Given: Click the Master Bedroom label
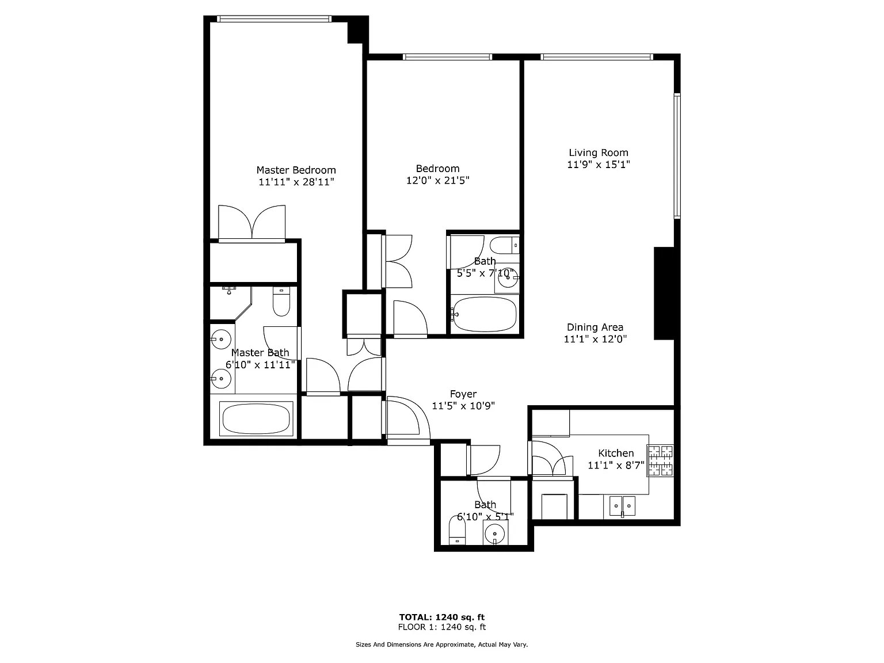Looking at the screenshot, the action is tap(296, 170).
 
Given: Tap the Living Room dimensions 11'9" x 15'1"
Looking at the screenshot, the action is tap(599, 164).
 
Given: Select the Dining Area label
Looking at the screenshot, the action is tap(595, 327).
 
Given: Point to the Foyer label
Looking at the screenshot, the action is tap(463, 394).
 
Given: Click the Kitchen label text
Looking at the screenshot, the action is tap(616, 454).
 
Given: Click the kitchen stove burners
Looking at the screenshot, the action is tap(660, 460).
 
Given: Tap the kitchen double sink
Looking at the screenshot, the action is tap(622, 506).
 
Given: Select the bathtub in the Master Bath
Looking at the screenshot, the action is tap(256, 418).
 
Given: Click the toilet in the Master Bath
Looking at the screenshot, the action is tap(281, 302).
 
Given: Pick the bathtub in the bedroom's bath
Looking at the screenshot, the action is tap(485, 314).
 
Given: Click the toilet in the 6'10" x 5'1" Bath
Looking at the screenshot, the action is tap(457, 530).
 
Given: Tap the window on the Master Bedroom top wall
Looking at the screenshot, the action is tap(275, 19).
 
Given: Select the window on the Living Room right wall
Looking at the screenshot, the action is tap(677, 156).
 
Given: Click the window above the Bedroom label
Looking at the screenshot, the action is tap(447, 57).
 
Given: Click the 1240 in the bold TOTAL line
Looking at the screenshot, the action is tap(447, 617).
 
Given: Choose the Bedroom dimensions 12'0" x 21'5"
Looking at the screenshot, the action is tap(438, 180).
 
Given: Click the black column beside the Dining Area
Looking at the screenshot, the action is tap(664, 294).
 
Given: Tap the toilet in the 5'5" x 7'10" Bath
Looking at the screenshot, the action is tap(504, 245).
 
